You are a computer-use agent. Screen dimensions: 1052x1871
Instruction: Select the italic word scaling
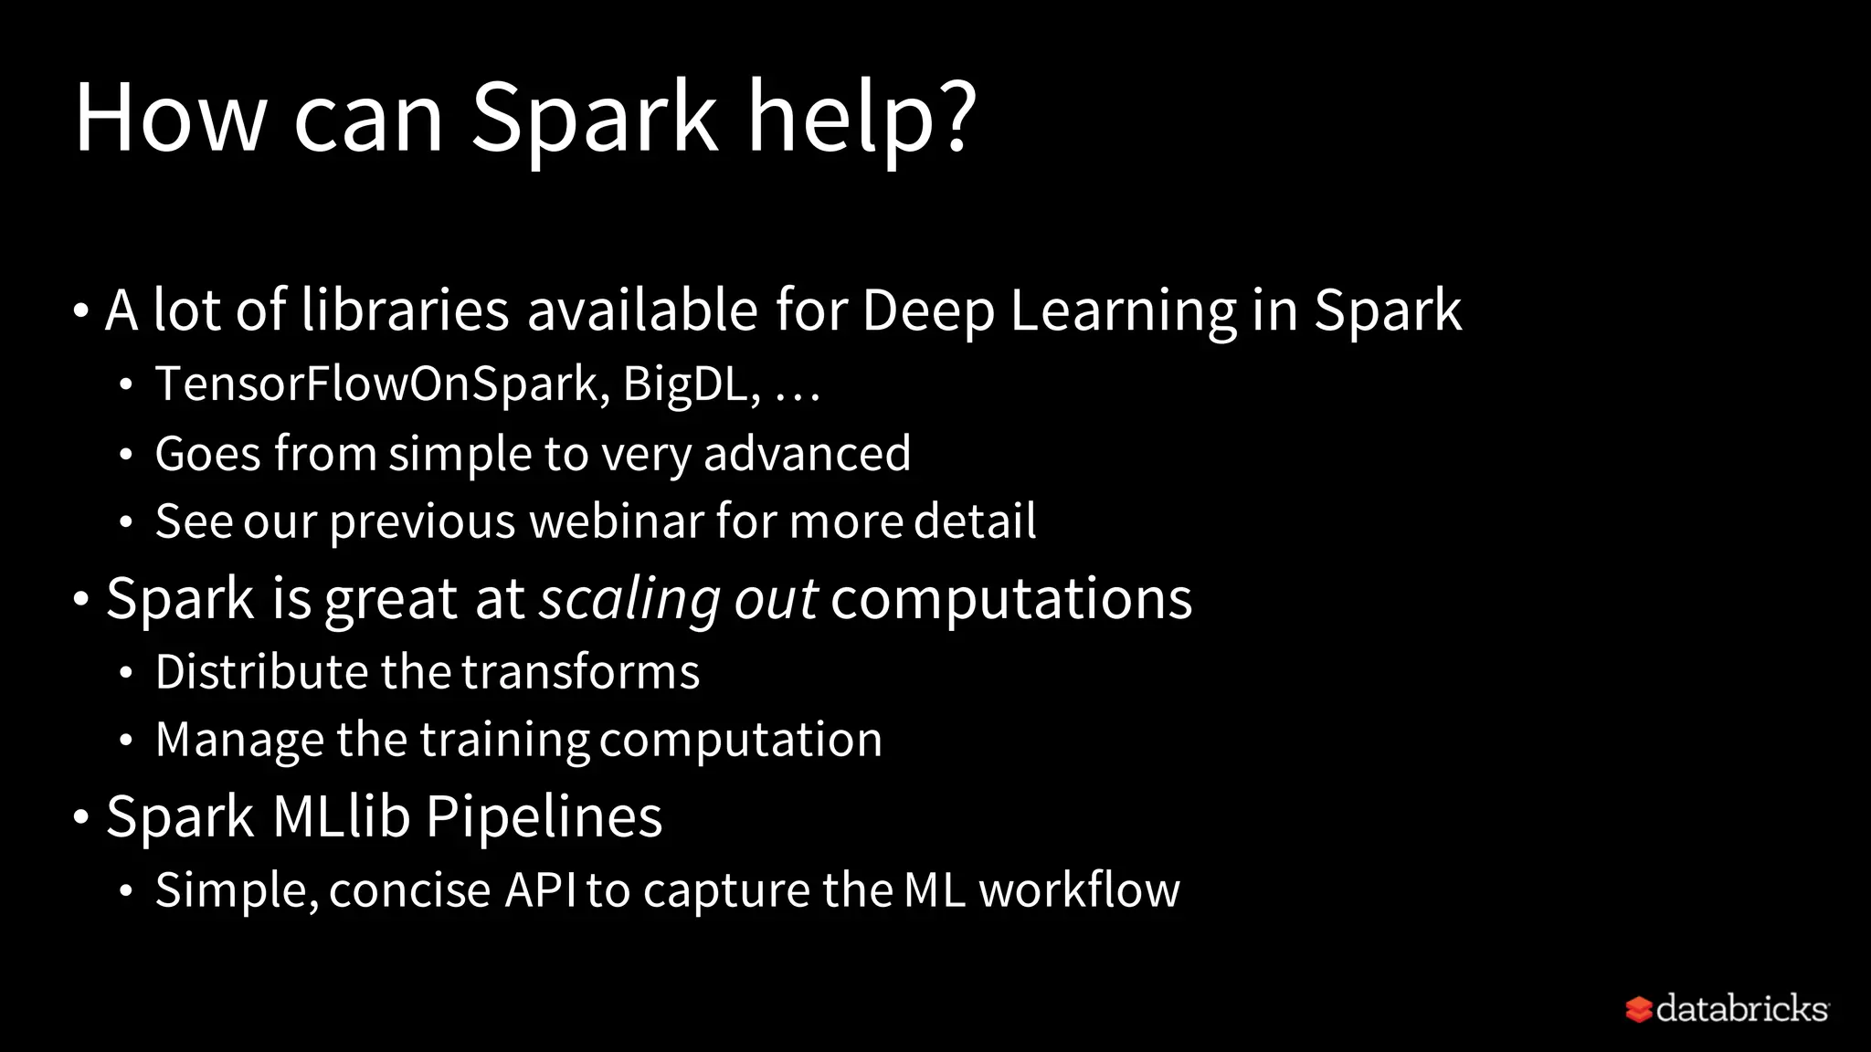[629, 600]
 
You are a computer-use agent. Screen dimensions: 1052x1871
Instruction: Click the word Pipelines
[544, 816]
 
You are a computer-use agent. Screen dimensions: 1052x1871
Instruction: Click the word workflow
[1079, 890]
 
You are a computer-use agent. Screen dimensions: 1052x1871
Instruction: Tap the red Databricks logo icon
[1639, 1009]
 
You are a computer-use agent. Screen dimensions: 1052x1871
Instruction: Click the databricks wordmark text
[1741, 1008]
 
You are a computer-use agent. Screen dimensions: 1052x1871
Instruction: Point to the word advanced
[807, 454]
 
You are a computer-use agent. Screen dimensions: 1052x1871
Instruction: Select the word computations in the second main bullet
[1011, 600]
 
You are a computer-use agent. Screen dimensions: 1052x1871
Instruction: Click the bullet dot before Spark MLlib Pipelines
[81, 817]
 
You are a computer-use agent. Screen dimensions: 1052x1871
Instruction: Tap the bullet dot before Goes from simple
[127, 455]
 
